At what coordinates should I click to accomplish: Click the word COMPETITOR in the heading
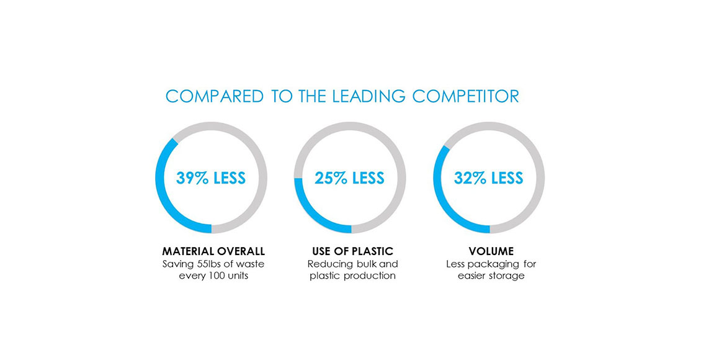465,96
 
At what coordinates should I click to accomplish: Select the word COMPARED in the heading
215,96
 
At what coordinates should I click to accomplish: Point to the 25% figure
331,178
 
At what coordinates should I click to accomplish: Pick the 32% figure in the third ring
470,178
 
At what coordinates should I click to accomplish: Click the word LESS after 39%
230,178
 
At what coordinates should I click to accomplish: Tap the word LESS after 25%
368,178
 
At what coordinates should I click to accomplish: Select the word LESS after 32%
507,178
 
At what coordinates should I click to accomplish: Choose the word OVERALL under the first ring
241,251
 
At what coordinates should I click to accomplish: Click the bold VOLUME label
491,251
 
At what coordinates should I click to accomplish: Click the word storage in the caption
507,276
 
